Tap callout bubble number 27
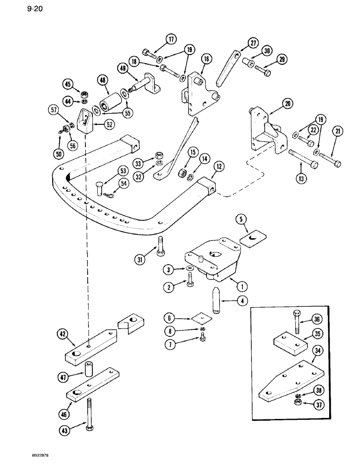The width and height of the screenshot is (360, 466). pyautogui.click(x=253, y=43)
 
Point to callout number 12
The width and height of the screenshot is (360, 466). pyautogui.click(x=217, y=166)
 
